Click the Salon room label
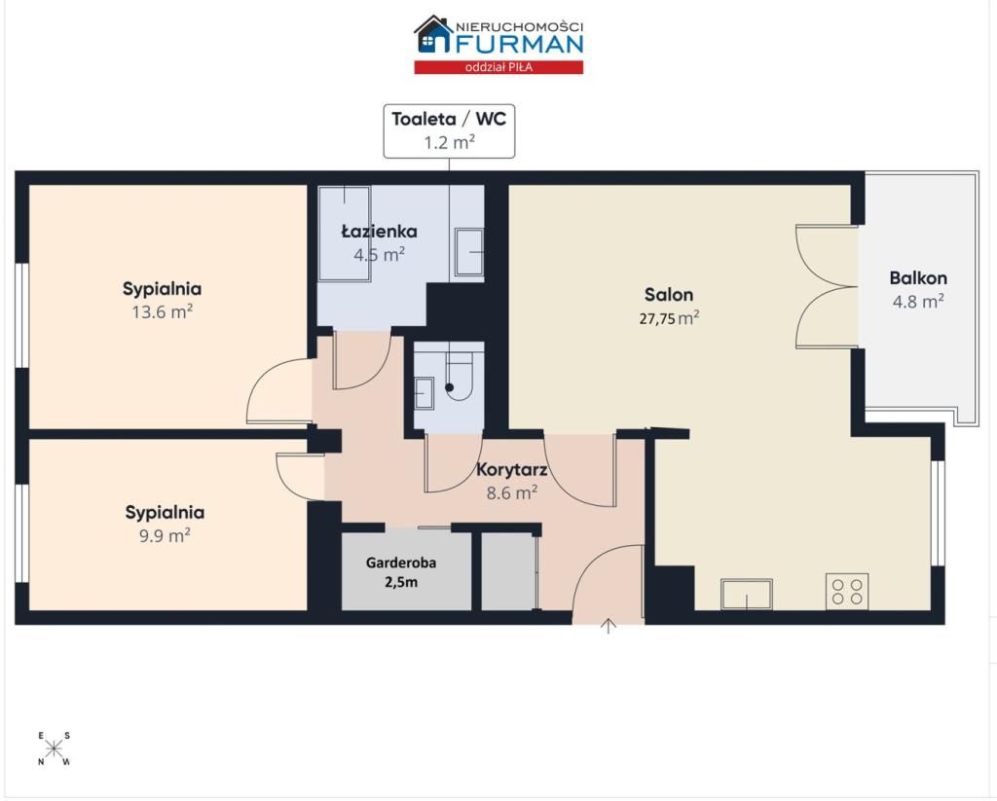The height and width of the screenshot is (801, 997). [x=668, y=294]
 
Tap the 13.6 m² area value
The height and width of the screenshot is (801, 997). [x=163, y=312]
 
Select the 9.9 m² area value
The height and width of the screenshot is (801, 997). [x=165, y=535]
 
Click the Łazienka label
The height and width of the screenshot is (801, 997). [x=379, y=231]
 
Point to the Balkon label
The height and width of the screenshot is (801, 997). [x=918, y=277]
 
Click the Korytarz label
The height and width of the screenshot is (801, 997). [x=512, y=470]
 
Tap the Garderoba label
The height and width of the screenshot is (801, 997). [x=400, y=563]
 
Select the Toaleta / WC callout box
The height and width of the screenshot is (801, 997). [x=449, y=131]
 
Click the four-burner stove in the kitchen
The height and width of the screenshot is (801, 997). [x=847, y=591]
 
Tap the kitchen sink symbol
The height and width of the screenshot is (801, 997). [x=747, y=594]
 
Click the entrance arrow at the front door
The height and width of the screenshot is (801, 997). [x=609, y=626]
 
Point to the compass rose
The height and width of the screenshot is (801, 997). [x=55, y=748]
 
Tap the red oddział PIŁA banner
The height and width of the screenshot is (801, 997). [x=498, y=67]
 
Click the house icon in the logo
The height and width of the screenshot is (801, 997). [x=433, y=35]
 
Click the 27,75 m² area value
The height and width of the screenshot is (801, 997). [x=669, y=318]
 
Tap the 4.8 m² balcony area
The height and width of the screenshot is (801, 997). [x=918, y=302]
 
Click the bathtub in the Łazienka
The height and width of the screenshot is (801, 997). [x=344, y=233]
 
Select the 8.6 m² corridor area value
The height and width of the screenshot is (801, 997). [x=512, y=492]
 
